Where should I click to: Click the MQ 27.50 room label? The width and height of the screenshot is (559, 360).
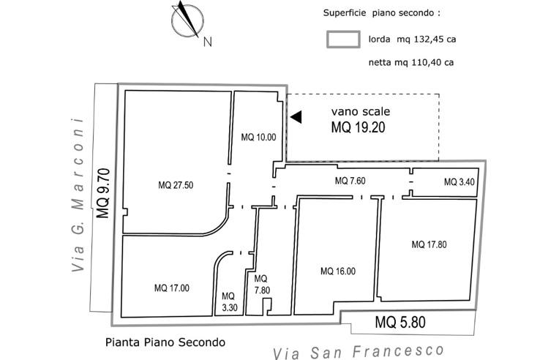(176, 185)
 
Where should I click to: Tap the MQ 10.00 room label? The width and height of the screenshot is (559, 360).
(259, 137)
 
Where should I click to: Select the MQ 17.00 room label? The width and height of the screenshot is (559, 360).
(172, 288)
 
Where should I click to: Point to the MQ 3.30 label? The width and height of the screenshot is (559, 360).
(228, 302)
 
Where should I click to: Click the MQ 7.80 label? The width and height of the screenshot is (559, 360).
(261, 284)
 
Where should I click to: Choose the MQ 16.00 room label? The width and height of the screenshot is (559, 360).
(338, 271)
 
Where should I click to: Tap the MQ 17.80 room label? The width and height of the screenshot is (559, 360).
(429, 244)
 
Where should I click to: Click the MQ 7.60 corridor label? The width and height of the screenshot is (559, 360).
(350, 181)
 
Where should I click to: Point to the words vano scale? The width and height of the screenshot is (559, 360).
(361, 112)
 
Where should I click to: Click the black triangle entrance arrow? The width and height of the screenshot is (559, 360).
(296, 116)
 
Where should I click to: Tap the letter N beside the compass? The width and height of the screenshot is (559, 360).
(208, 42)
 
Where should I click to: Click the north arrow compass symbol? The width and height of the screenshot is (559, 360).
(186, 20)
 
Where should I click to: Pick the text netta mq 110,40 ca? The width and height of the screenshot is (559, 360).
(411, 63)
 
